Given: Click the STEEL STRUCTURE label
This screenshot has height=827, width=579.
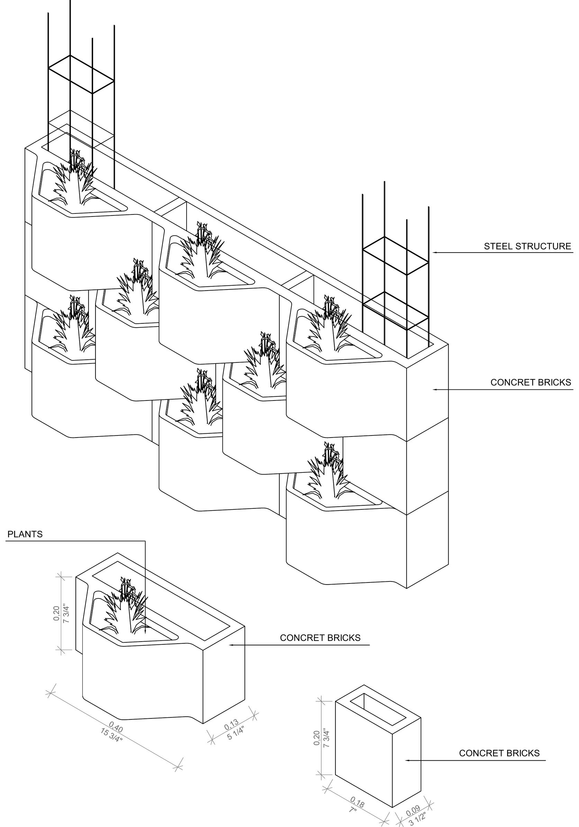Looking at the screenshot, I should click(527, 246).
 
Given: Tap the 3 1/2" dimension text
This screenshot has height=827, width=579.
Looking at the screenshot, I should click(418, 819).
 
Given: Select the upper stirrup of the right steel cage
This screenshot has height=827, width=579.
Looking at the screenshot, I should click(396, 256).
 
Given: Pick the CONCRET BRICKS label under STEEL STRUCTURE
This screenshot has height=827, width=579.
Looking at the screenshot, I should click(530, 382).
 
